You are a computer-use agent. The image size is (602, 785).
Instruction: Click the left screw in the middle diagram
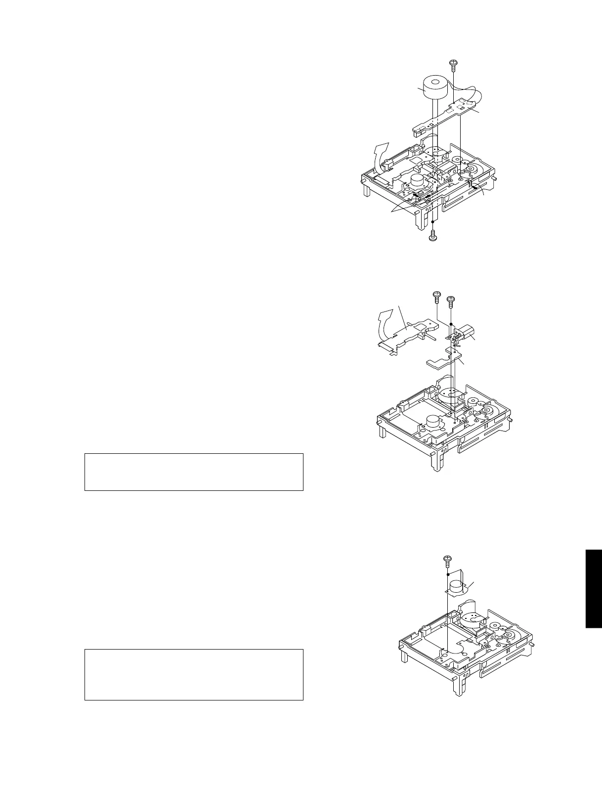437,297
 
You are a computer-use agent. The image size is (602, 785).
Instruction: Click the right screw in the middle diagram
451,300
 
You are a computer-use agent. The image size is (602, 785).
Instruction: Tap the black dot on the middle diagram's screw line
451,324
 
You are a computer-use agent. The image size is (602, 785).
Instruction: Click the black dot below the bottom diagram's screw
447,574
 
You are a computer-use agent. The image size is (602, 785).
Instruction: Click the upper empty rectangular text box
193,472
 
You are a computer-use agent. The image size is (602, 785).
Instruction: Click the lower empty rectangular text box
193,674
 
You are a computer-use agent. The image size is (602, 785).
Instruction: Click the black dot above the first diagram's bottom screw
432,222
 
